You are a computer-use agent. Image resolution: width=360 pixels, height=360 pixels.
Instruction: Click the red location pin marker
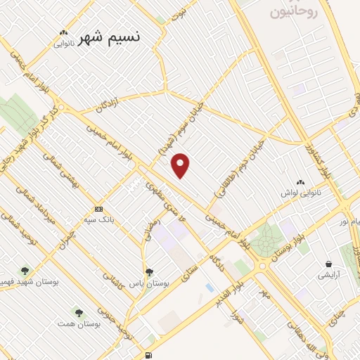181,165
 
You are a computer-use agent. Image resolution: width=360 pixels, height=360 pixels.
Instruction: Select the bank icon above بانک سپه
98,209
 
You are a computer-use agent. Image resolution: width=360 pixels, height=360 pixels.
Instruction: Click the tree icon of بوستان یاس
148,272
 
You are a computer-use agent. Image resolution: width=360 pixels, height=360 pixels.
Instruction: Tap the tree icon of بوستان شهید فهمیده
26,270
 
